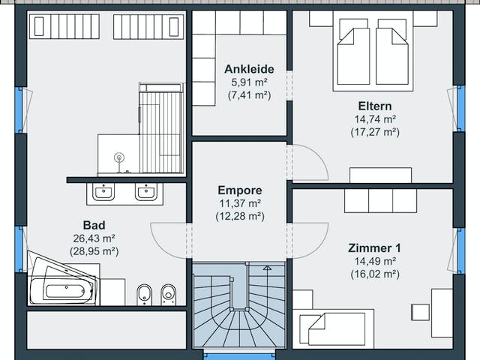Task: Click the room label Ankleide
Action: click(249, 70)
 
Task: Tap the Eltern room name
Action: click(375, 106)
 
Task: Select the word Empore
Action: click(240, 190)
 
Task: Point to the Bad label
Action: click(94, 225)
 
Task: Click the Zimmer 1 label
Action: click(374, 248)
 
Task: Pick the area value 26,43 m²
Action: click(94, 238)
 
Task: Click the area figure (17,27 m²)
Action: click(375, 132)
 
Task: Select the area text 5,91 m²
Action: click(250, 82)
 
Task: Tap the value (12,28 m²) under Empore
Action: click(240, 216)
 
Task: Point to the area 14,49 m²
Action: click(375, 261)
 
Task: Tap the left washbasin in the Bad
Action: click(103, 192)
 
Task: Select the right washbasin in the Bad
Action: click(146, 192)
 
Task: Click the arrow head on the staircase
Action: click(267, 268)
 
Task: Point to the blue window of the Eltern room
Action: click(460, 109)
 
